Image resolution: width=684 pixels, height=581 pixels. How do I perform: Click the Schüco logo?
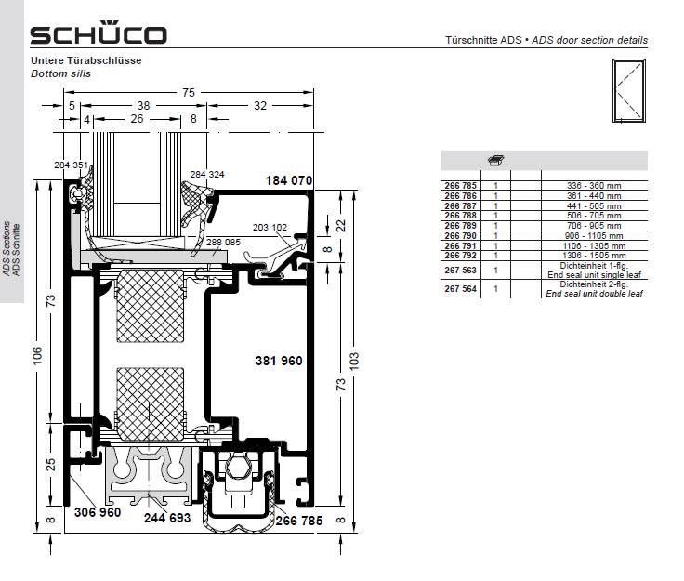click(x=99, y=33)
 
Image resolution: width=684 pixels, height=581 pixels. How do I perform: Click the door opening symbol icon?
click(x=628, y=91)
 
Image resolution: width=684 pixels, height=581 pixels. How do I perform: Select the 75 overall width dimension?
click(x=189, y=92)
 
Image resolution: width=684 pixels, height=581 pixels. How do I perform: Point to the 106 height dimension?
click(x=37, y=355)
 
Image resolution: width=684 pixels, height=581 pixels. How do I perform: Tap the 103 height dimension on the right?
click(x=354, y=361)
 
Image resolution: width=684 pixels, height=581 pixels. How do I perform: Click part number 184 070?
click(x=289, y=180)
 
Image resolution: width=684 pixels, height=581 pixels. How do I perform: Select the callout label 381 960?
click(x=279, y=361)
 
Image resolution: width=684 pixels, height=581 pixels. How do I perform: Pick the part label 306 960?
click(x=98, y=512)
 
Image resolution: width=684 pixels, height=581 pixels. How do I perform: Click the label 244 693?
click(x=167, y=518)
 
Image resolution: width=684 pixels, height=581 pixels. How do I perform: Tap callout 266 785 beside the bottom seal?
click(x=299, y=521)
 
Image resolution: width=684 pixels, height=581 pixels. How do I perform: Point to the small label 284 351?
click(x=72, y=165)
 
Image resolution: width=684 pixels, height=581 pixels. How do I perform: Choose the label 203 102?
click(x=270, y=227)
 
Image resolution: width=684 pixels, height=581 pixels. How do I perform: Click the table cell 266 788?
click(x=460, y=216)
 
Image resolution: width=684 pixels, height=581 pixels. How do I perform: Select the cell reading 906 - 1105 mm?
click(x=594, y=235)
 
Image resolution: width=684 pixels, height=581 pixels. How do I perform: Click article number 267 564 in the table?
click(x=460, y=289)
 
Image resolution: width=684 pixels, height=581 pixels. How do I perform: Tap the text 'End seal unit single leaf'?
click(x=594, y=275)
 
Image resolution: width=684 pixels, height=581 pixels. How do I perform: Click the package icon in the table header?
click(x=496, y=161)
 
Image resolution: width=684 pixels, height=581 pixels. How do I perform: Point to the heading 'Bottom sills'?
click(x=60, y=73)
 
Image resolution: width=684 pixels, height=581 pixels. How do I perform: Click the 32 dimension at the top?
click(x=260, y=106)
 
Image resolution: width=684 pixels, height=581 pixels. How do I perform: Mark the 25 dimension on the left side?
click(x=51, y=464)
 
